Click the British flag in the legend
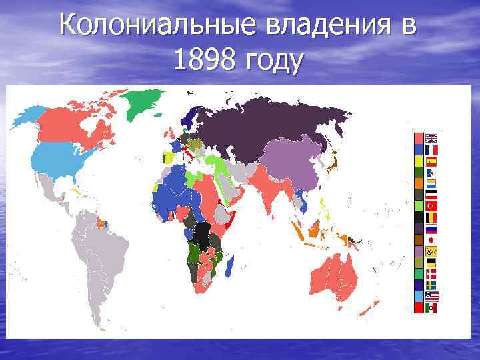tap(432, 139)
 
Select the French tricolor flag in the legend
tap(432, 150)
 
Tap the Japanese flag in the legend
tap(432, 239)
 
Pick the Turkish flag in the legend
tap(432, 206)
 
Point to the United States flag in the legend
tap(432, 295)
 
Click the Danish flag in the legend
tap(432, 273)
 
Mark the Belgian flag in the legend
tap(432, 217)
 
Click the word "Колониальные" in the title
tap(156, 27)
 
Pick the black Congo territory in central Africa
tap(203, 234)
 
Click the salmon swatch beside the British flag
tap(419, 139)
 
